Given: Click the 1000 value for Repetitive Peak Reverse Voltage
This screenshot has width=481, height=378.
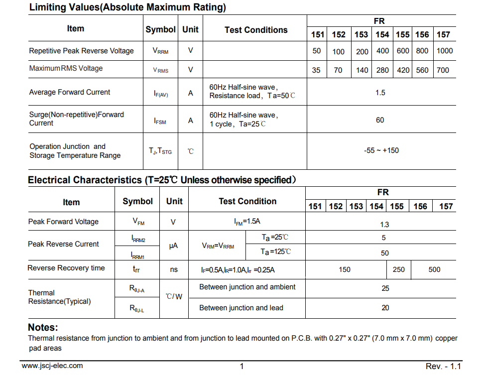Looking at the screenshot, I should [x=445, y=51].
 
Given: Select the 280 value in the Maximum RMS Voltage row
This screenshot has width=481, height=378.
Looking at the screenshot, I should [x=382, y=70].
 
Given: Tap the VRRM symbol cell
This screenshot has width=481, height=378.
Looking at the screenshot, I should [x=160, y=51].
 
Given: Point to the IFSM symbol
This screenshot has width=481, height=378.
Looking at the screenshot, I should [x=160, y=121].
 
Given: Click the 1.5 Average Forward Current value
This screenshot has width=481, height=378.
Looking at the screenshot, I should [x=380, y=93].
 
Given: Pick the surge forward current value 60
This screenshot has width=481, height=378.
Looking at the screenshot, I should [x=380, y=120].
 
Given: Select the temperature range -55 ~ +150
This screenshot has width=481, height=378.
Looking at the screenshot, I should [x=381, y=150].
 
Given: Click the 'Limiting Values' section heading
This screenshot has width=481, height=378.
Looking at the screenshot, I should [x=127, y=7].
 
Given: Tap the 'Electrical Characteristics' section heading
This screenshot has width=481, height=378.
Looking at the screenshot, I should [x=162, y=180].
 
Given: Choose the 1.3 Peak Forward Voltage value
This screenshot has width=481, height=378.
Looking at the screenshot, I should [x=384, y=225].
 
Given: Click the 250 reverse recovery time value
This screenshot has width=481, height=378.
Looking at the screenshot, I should [x=399, y=269].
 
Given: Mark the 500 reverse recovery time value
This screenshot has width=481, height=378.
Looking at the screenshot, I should [x=434, y=269].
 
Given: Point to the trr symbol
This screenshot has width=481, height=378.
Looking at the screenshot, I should [x=136, y=269].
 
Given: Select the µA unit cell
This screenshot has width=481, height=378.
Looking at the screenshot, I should [x=173, y=246].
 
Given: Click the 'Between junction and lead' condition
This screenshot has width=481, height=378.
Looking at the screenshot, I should [x=241, y=308].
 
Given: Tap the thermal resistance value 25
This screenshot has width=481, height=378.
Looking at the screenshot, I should [x=385, y=288].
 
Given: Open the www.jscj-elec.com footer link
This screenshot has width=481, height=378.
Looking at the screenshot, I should [x=52, y=366].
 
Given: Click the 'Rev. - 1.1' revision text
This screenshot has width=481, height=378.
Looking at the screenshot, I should [x=443, y=366].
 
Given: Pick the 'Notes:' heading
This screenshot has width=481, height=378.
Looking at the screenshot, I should [x=43, y=327].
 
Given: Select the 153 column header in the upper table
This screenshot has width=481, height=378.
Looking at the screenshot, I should [x=361, y=34].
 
